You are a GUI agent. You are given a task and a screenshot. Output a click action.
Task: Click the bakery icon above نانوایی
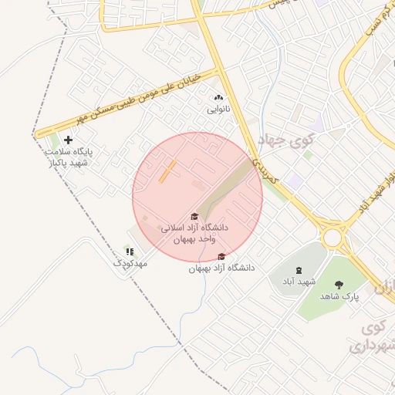[x=218, y=98]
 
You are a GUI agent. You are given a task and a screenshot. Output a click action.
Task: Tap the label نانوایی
[x=218, y=110]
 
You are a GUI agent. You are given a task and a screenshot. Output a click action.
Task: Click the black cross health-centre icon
[x=68, y=140]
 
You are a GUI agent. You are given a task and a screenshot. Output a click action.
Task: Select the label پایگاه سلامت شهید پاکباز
[x=68, y=157]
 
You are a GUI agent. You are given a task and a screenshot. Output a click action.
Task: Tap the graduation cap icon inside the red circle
[x=194, y=216]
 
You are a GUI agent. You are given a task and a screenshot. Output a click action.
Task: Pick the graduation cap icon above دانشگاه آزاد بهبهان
[x=222, y=256]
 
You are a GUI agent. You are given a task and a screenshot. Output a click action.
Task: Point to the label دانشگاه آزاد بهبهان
[x=221, y=268]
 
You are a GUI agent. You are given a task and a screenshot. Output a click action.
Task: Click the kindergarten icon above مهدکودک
[x=130, y=252]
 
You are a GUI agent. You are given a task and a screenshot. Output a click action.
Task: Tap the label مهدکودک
[x=130, y=264]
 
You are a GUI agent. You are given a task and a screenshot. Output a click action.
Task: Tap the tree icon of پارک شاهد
[x=339, y=284]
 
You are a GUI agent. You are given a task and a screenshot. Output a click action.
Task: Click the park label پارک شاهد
[x=340, y=296]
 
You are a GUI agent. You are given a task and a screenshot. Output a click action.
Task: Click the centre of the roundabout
[x=333, y=237]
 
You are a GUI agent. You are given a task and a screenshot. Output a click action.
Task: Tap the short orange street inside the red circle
[x=167, y=170]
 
